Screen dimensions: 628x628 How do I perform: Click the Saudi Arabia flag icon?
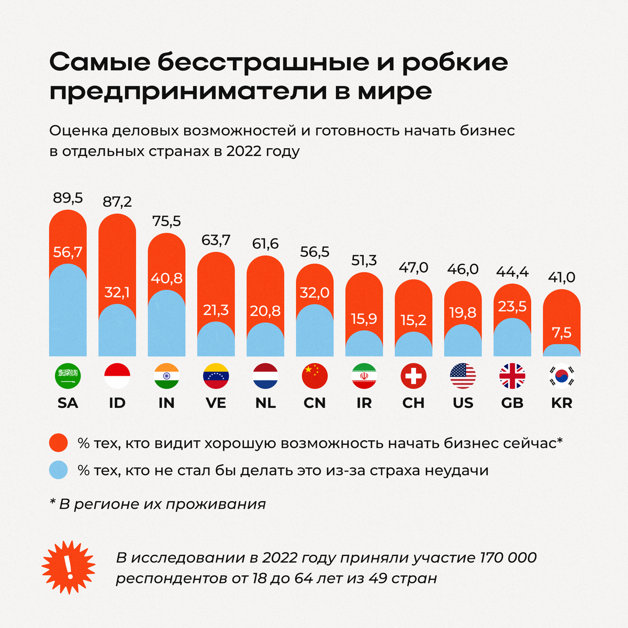[68, 376]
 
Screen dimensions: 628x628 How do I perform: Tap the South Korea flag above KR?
[562, 376]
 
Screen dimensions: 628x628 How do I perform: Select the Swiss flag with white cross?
[413, 376]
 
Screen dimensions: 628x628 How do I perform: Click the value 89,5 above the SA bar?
[68, 198]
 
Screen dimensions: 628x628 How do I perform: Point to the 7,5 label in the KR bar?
[562, 332]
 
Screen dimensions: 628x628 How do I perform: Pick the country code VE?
[216, 403]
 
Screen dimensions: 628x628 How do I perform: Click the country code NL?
[265, 403]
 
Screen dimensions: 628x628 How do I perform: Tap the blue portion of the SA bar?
[68, 314]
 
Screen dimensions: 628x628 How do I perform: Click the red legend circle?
[59, 443]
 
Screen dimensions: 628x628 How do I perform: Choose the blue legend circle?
[59, 470]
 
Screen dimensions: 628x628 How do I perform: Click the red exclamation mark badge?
[68, 567]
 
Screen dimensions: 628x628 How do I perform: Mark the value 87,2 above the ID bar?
[117, 202]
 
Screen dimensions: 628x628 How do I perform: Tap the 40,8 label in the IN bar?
[166, 278]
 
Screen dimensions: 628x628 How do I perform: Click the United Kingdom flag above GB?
[512, 376]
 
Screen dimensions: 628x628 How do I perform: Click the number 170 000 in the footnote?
[508, 557]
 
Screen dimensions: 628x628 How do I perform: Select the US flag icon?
[463, 376]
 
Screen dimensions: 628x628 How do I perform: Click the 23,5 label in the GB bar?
[512, 306]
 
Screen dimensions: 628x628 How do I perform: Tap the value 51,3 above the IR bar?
[364, 261]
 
